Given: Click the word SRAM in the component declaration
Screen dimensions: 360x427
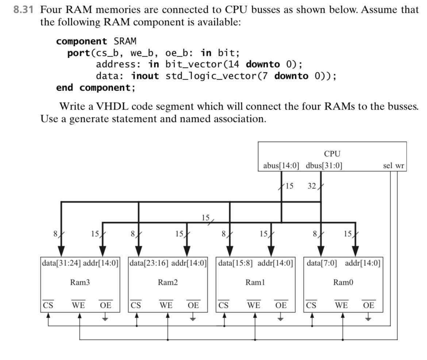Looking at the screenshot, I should tap(125, 41).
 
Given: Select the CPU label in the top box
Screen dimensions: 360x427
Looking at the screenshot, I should tap(332, 154).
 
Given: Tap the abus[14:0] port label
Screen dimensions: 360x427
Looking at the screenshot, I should tap(281, 166).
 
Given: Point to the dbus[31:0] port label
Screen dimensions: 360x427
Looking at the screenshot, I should tap(324, 166).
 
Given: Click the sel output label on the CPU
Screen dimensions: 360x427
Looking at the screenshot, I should tap(388, 166).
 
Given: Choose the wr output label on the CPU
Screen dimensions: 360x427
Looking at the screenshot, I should tap(400, 166).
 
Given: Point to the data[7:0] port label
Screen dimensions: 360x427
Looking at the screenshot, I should tap(322, 263).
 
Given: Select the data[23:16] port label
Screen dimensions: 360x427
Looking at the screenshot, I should tap(149, 263).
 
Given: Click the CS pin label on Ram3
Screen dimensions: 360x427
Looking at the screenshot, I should tap(48, 305).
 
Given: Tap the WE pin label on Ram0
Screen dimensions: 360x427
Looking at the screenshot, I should tap(342, 305).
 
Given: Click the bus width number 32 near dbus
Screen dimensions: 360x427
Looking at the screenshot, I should tap(311, 186).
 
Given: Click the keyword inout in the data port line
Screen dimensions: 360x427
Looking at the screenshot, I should tap(145, 76).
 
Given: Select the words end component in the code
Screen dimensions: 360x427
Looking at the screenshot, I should tap(94, 88).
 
